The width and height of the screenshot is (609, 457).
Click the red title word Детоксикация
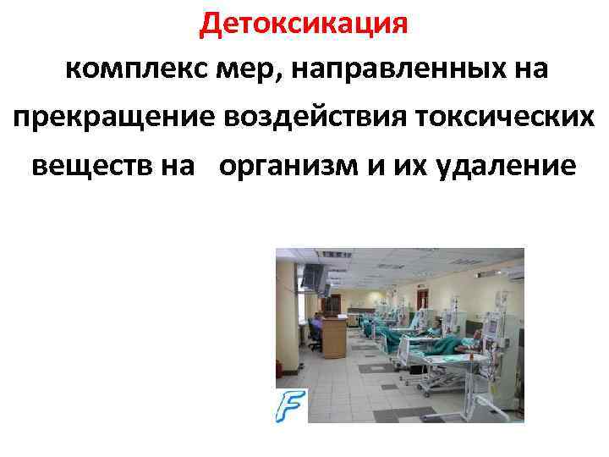pyautogui.click(x=304, y=24)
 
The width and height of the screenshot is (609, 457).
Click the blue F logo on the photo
pyautogui.click(x=291, y=406)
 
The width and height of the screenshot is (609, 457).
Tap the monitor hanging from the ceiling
pyautogui.click(x=313, y=275)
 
